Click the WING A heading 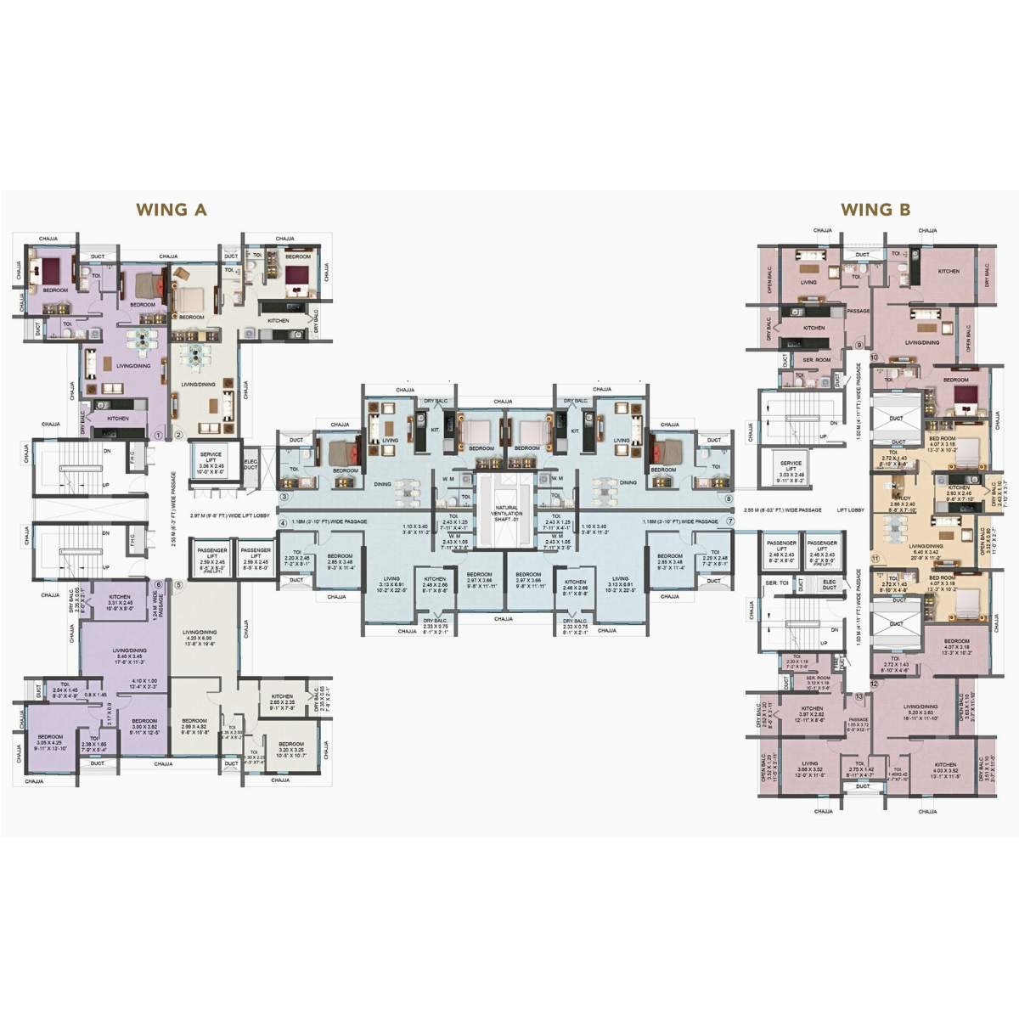coord(172,210)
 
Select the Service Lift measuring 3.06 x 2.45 coord(211,463)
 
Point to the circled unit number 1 coord(158,435)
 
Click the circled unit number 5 coord(178,584)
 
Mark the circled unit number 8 coord(728,498)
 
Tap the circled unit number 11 coord(875,558)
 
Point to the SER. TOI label coord(774,583)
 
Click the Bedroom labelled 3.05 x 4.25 coord(49,741)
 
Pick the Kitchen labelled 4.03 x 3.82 coord(945,769)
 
